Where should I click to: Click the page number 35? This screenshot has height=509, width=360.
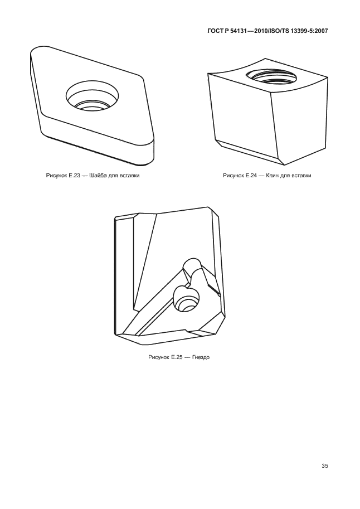click(x=325, y=466)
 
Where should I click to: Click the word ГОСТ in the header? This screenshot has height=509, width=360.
click(x=214, y=31)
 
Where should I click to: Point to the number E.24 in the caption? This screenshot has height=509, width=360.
click(x=251, y=176)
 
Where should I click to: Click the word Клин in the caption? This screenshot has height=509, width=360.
click(x=273, y=176)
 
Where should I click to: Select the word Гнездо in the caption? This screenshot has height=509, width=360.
click(x=201, y=357)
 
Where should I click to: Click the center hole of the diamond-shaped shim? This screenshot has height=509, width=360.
click(x=92, y=97)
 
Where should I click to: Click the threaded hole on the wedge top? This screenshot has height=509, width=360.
click(x=271, y=78)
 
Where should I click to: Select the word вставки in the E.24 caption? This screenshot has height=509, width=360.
click(x=301, y=176)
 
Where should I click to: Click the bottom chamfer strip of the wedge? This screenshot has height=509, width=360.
click(x=247, y=152)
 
